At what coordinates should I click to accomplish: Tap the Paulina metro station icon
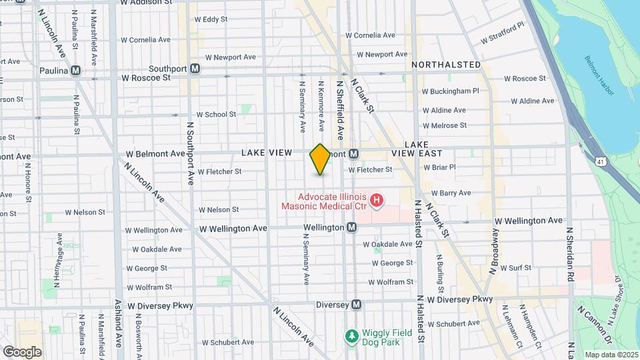[x=76, y=71]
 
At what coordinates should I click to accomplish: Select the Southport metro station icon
[x=195, y=68]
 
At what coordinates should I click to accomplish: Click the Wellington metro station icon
[x=352, y=227]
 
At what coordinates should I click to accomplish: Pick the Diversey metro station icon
[x=357, y=304]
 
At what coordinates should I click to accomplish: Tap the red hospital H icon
[x=377, y=199]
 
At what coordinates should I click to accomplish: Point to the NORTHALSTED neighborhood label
[x=446, y=65]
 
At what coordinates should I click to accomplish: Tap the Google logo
[x=22, y=351]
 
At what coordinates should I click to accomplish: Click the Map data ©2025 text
[x=611, y=354]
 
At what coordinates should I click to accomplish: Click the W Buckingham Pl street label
[x=451, y=91]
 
